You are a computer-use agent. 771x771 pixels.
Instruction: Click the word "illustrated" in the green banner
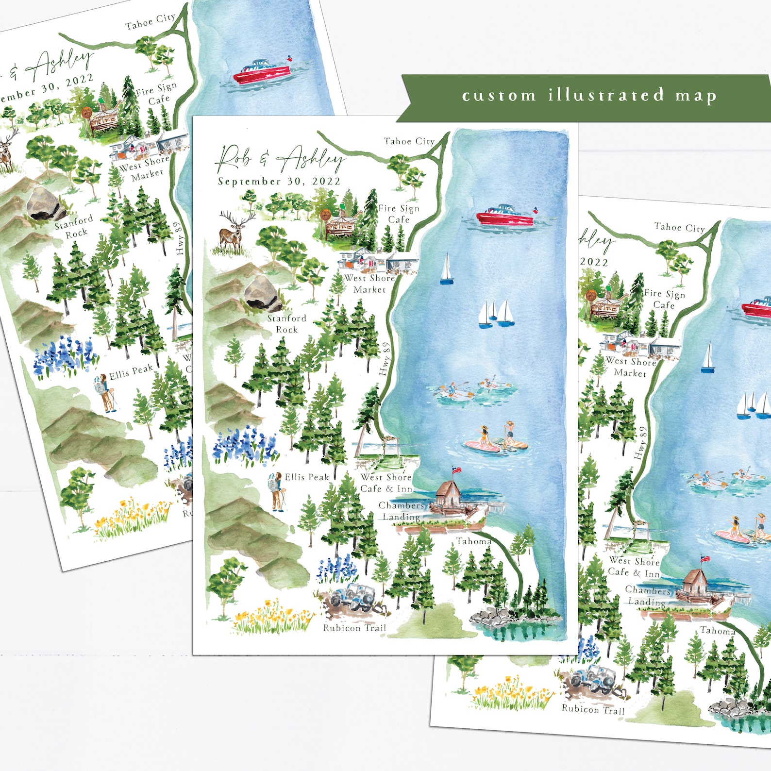point(606,95)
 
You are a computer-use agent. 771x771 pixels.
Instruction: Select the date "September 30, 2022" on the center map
point(279,182)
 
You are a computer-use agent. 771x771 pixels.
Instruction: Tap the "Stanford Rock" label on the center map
point(287,324)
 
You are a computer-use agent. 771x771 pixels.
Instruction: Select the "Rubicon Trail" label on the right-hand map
point(593,709)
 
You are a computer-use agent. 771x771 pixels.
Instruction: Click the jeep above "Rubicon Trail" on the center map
point(353,598)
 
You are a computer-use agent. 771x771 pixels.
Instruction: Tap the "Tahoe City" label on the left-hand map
point(150,22)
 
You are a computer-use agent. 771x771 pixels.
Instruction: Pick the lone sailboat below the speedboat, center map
point(446,270)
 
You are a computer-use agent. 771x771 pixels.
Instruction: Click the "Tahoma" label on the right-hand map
point(717,631)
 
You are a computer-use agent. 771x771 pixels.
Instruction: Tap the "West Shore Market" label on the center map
point(369,284)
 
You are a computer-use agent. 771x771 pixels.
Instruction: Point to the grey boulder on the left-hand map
point(45,204)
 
